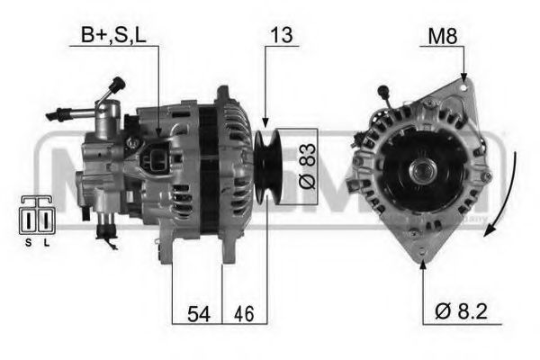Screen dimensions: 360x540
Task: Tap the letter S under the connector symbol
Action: [x=28, y=243]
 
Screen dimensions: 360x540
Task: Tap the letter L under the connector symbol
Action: [x=45, y=243]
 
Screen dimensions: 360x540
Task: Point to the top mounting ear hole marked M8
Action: [x=463, y=84]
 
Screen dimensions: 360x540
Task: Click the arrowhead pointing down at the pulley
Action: [x=265, y=121]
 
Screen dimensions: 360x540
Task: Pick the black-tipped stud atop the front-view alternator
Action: [x=384, y=93]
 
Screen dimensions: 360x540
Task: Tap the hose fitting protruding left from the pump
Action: [x=61, y=113]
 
